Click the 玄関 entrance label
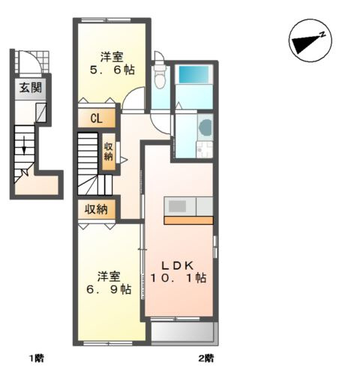click(29, 88)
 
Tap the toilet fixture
click(159, 76)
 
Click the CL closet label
click(97, 118)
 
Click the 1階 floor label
click(36, 358)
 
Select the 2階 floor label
click(206, 358)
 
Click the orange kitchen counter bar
click(188, 220)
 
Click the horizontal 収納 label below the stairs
click(97, 209)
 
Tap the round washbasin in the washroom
click(205, 127)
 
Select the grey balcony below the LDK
click(183, 332)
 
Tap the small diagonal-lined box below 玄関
click(41, 113)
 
